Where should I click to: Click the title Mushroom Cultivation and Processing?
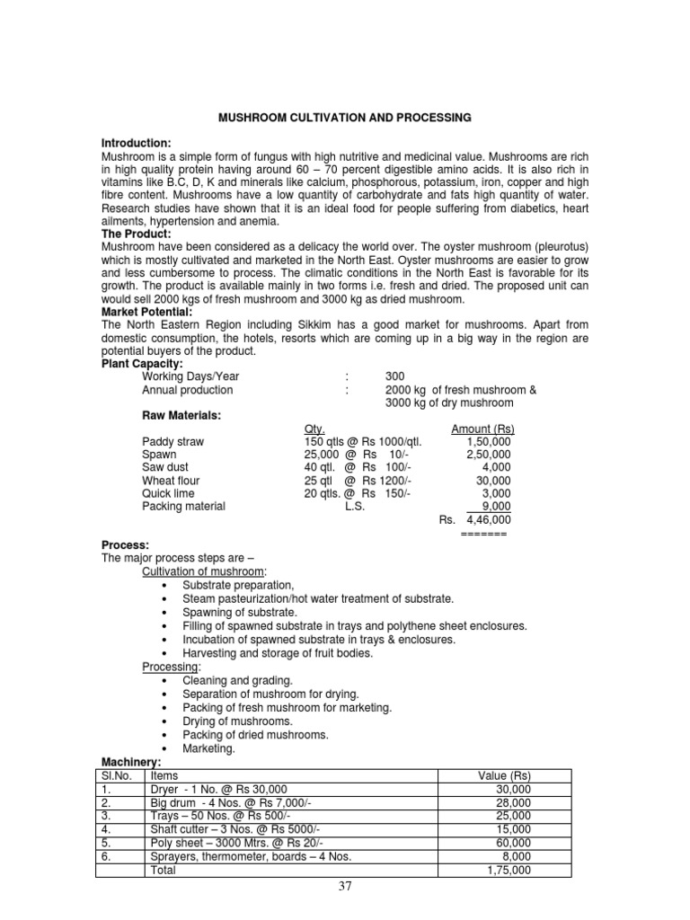[346, 118]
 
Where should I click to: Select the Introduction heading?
[136, 144]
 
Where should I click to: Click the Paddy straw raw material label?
[172, 441]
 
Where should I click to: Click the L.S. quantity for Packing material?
[357, 506]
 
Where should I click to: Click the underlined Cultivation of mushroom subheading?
[205, 571]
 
